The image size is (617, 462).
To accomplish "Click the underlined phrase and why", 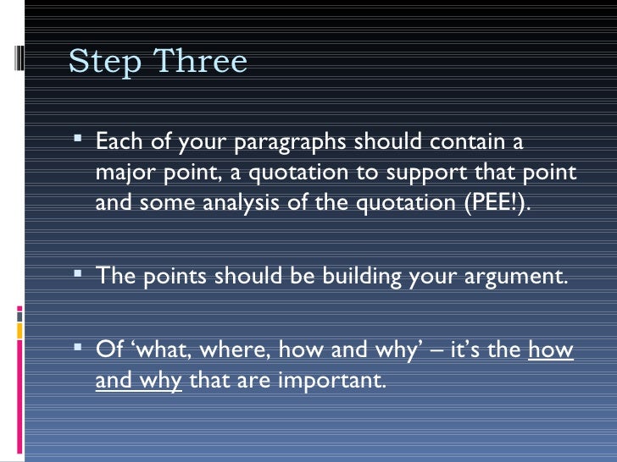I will tap(138, 381).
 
